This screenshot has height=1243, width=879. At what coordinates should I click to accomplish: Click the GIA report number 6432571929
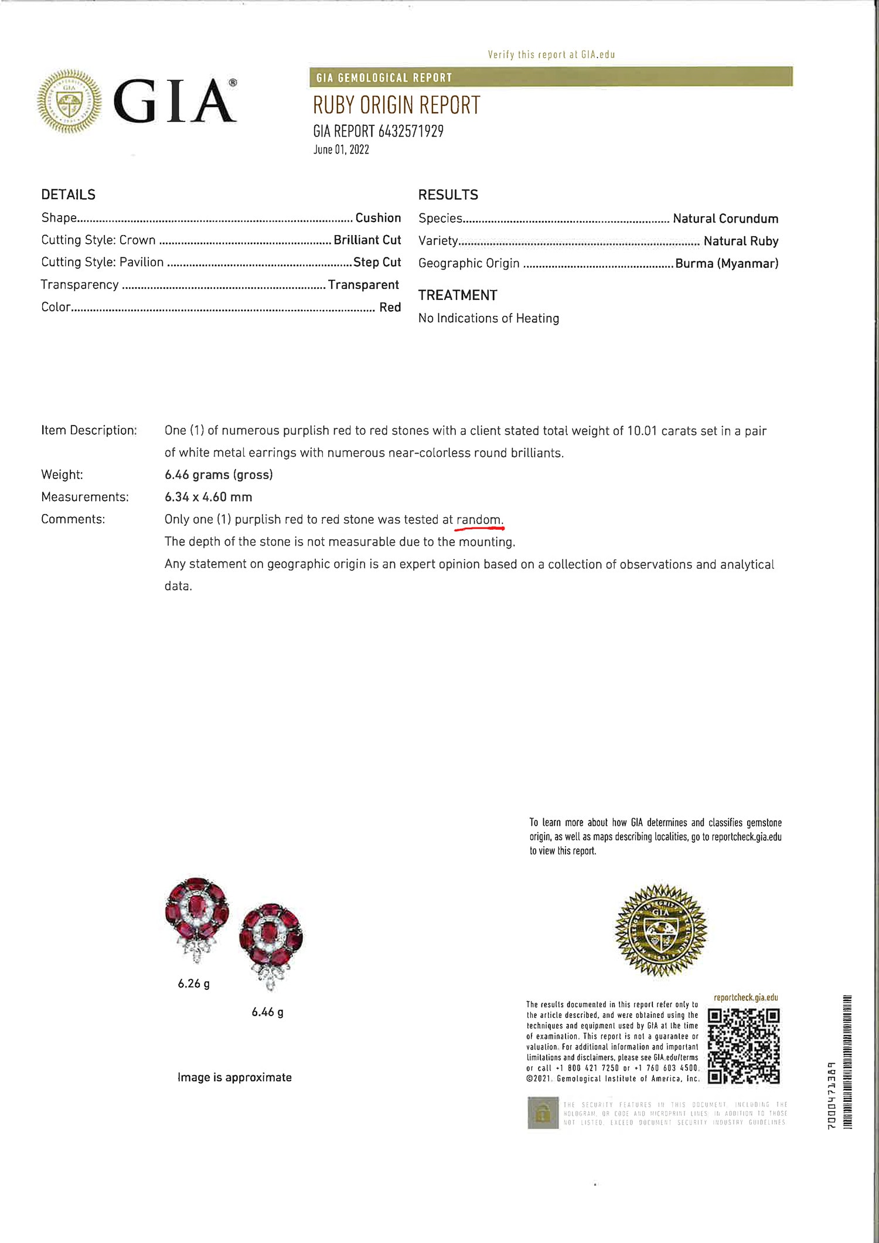pyautogui.click(x=378, y=131)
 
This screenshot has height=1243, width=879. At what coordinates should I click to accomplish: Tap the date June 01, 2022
pyautogui.click(x=341, y=149)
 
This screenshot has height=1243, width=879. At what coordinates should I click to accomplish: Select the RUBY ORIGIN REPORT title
pyautogui.click(x=396, y=105)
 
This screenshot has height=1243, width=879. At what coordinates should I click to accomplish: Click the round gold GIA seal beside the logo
pyautogui.click(x=69, y=101)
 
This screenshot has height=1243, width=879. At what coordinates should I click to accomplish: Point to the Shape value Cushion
pyautogui.click(x=378, y=218)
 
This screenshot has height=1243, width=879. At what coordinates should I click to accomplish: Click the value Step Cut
pyautogui.click(x=377, y=263)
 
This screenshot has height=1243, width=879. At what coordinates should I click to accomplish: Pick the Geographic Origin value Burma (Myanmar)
pyautogui.click(x=727, y=264)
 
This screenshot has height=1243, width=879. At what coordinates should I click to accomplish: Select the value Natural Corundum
pyautogui.click(x=725, y=219)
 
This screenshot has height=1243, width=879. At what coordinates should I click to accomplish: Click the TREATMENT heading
pyautogui.click(x=458, y=295)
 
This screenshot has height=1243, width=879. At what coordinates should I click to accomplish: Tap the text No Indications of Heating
pyautogui.click(x=489, y=318)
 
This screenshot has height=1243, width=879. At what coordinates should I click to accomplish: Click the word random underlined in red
pyautogui.click(x=479, y=520)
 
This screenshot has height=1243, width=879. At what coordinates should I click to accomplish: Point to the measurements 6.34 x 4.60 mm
pyautogui.click(x=208, y=497)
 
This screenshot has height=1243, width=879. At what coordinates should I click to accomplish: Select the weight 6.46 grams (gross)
pyautogui.click(x=219, y=475)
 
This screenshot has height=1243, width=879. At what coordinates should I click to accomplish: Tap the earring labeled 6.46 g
pyautogui.click(x=271, y=944)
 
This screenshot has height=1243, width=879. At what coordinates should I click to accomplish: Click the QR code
pyautogui.click(x=744, y=1046)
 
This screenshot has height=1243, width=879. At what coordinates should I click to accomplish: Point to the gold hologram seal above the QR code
pyautogui.click(x=660, y=931)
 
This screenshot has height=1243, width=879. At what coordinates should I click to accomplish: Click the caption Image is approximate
pyautogui.click(x=234, y=1077)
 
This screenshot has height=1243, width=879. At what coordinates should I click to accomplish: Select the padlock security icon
pyautogui.click(x=543, y=1112)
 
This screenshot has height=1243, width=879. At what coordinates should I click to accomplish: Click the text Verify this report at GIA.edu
pyautogui.click(x=551, y=55)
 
